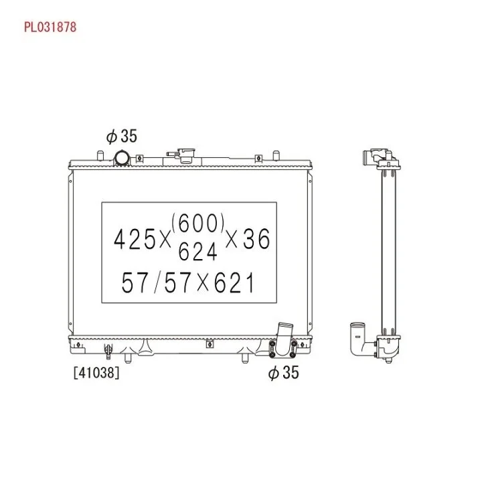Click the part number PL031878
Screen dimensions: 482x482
(50, 27)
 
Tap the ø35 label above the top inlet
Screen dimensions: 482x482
(122, 136)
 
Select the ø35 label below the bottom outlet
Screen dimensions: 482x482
(283, 373)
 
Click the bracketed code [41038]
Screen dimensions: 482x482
(96, 373)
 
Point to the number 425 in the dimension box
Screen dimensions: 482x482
(135, 239)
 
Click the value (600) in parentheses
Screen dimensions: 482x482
(197, 223)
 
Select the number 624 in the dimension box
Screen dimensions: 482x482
(197, 251)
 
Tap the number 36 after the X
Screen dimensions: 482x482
(256, 239)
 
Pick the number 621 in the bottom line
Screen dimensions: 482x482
(234, 283)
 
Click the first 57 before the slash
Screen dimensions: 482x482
(135, 283)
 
